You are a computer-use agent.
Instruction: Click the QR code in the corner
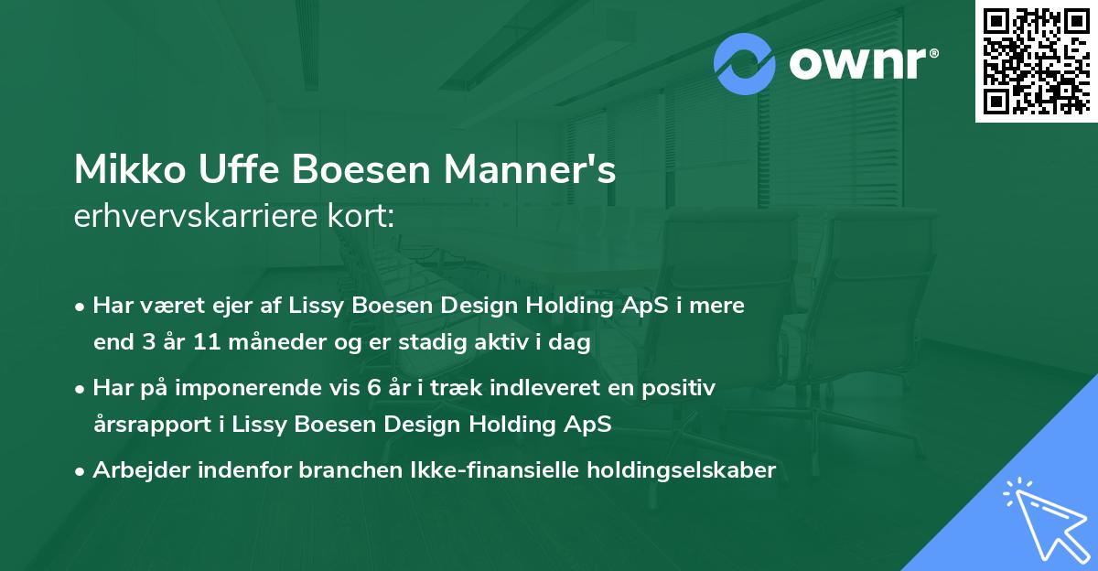(x=1036, y=61)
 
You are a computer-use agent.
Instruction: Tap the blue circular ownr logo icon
(x=745, y=64)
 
